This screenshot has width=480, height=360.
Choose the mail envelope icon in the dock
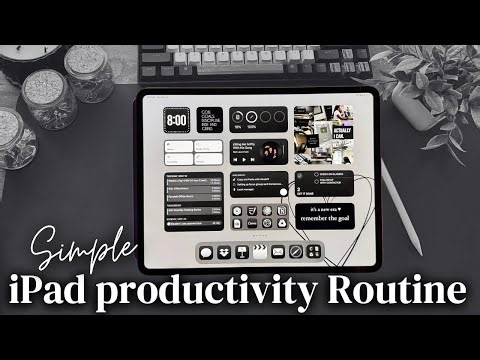(278, 252)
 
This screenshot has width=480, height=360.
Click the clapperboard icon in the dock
(258, 252)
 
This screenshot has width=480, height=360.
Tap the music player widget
(259, 151)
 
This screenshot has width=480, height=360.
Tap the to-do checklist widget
(258, 186)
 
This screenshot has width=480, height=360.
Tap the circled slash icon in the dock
(296, 252)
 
